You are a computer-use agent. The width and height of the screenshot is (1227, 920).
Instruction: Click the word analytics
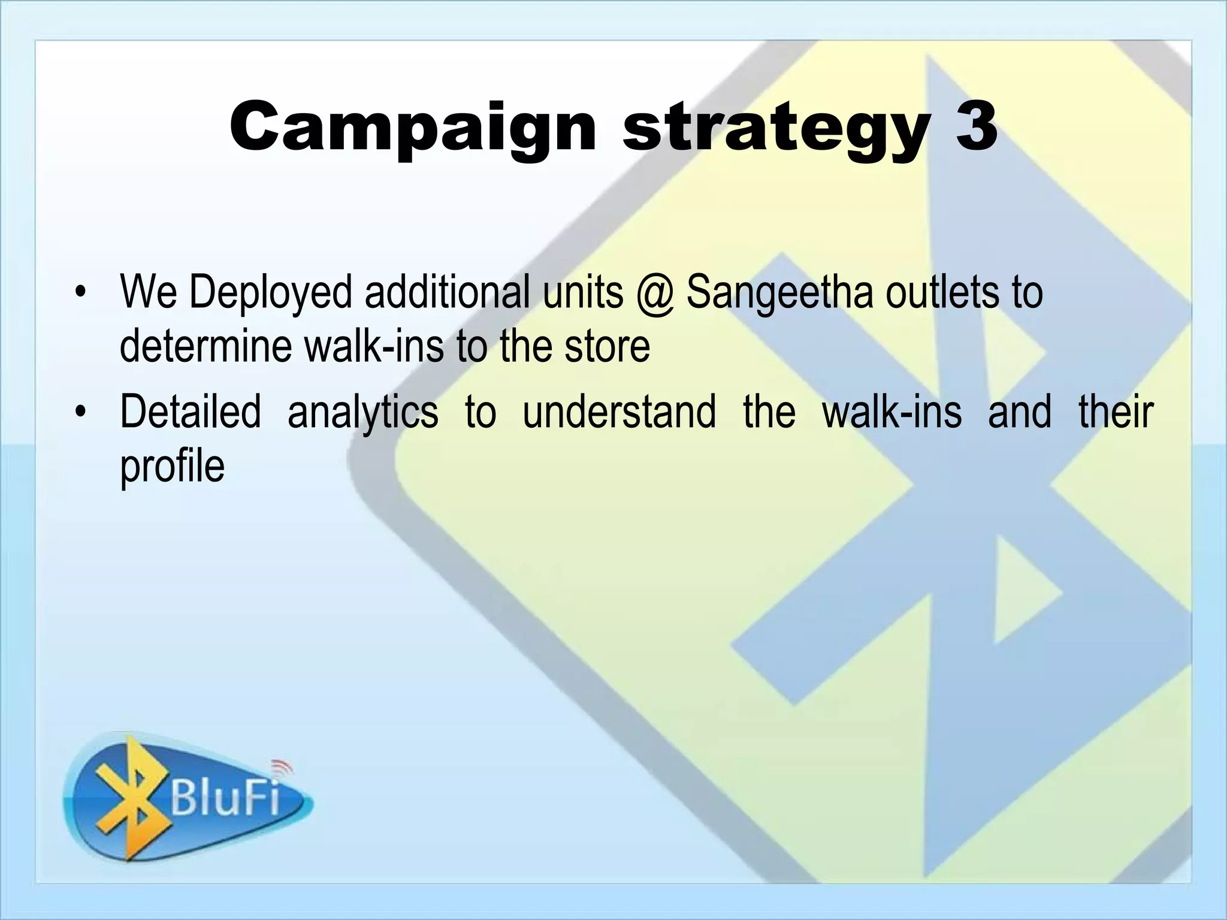[x=362, y=413]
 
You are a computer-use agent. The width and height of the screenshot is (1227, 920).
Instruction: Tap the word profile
[x=173, y=467]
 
